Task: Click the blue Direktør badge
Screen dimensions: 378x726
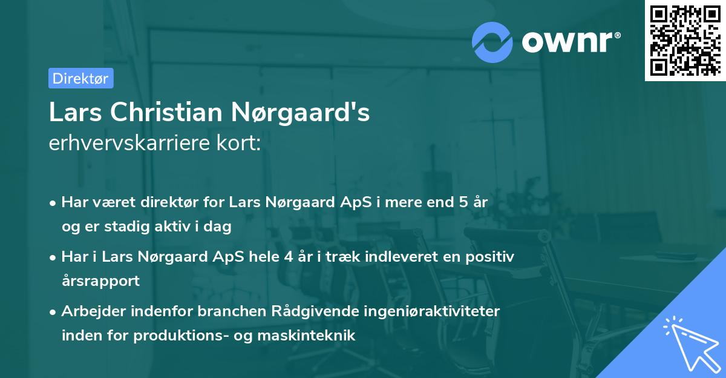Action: (80, 78)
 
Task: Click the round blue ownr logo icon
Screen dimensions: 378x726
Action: (492, 42)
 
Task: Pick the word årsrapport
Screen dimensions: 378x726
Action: (100, 280)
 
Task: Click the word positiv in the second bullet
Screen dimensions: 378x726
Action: (493, 257)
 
